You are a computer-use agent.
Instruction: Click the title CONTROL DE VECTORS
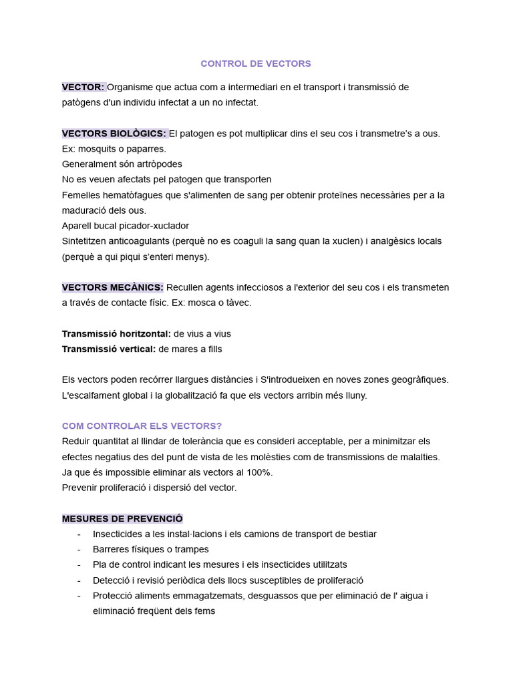click(256, 64)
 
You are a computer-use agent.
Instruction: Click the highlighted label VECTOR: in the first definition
click(83, 87)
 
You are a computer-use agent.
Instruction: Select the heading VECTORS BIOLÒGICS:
click(114, 134)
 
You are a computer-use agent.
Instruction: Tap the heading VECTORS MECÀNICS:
click(113, 287)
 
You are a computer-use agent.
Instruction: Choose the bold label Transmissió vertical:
click(109, 349)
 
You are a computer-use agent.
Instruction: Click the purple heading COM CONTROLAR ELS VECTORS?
click(142, 426)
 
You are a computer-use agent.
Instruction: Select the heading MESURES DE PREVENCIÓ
click(122, 519)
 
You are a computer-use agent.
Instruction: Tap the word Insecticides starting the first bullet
click(118, 534)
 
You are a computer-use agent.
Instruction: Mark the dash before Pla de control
click(79, 565)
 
